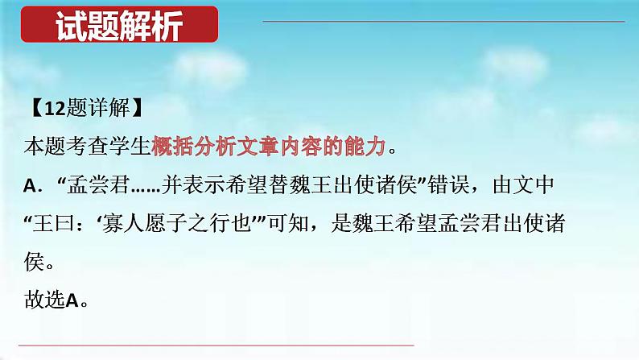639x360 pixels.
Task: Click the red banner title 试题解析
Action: [x=119, y=26]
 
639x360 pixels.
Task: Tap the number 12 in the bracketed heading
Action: [x=55, y=109]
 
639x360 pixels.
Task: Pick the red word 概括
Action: [x=173, y=147]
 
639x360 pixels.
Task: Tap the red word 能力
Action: [x=365, y=147]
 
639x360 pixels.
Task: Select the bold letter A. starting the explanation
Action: [x=33, y=186]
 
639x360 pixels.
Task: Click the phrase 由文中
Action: [x=524, y=184]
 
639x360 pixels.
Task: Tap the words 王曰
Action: [x=54, y=223]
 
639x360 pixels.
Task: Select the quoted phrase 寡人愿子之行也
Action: [x=176, y=223]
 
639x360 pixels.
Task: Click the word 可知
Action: [x=288, y=223]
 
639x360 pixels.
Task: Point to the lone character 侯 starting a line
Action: [x=35, y=261]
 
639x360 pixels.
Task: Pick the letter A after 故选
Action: [x=72, y=300]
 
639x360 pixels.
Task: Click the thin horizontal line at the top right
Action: [x=443, y=21]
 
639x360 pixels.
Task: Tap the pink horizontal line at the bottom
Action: [x=216, y=346]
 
